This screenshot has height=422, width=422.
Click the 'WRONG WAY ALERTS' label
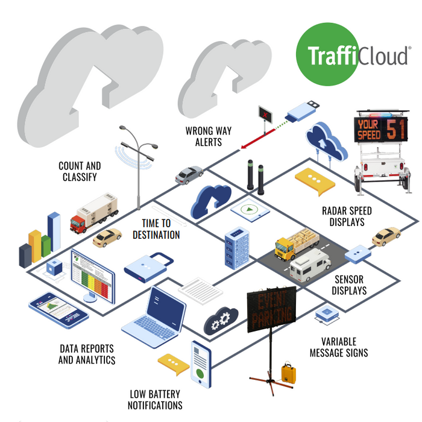point(208,136)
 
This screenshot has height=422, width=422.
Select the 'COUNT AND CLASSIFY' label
point(80,171)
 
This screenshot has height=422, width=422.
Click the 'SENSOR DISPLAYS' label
point(350,285)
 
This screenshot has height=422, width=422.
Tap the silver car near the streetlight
point(189,174)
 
